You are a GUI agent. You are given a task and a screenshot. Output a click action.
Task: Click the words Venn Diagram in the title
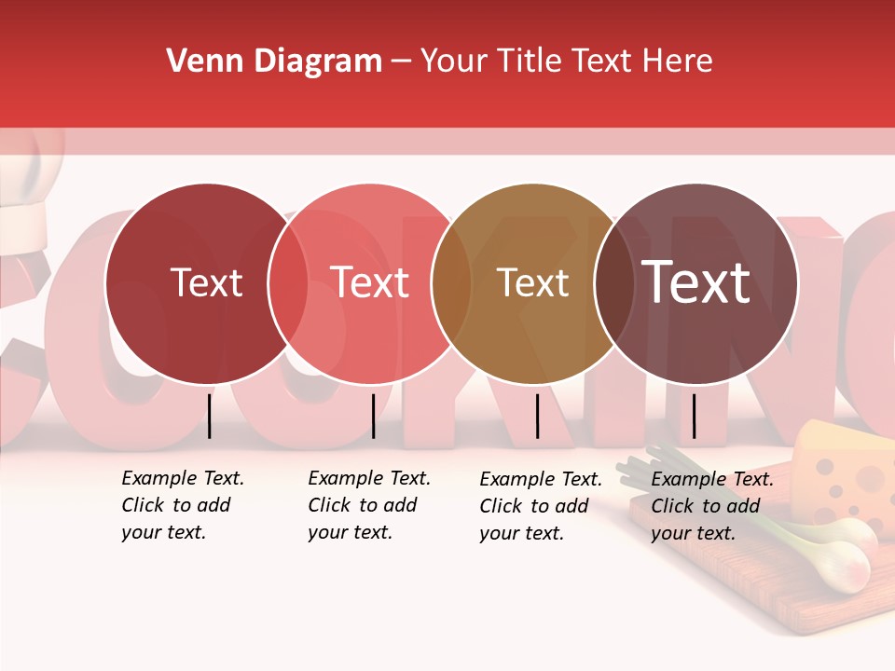tap(274, 62)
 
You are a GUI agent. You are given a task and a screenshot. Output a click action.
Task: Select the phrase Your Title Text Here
tap(566, 62)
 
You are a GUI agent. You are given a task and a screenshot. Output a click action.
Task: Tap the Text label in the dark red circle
tap(206, 282)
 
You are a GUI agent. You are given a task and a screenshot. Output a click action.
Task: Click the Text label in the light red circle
tap(370, 282)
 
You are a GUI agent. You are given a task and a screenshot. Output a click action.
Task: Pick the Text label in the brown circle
tap(532, 282)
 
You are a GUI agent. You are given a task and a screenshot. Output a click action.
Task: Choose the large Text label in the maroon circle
tap(696, 282)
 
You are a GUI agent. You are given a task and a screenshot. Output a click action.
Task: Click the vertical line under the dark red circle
tap(209, 416)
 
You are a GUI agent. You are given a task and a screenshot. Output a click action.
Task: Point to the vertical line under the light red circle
tap(373, 416)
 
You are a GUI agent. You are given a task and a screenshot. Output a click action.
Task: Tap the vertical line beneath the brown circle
tap(537, 416)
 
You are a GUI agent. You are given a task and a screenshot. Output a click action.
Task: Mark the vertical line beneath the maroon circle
tap(694, 416)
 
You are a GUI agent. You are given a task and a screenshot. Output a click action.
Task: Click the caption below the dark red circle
tap(183, 505)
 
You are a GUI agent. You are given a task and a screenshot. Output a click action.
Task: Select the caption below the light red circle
tap(369, 505)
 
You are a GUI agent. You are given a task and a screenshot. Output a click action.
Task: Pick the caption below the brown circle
tap(541, 506)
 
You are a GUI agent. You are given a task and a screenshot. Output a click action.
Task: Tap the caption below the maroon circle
tap(712, 506)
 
